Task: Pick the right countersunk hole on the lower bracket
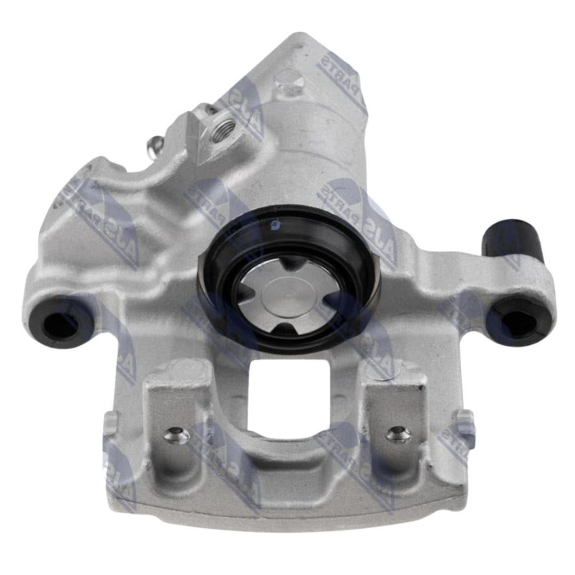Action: (x=398, y=433)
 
